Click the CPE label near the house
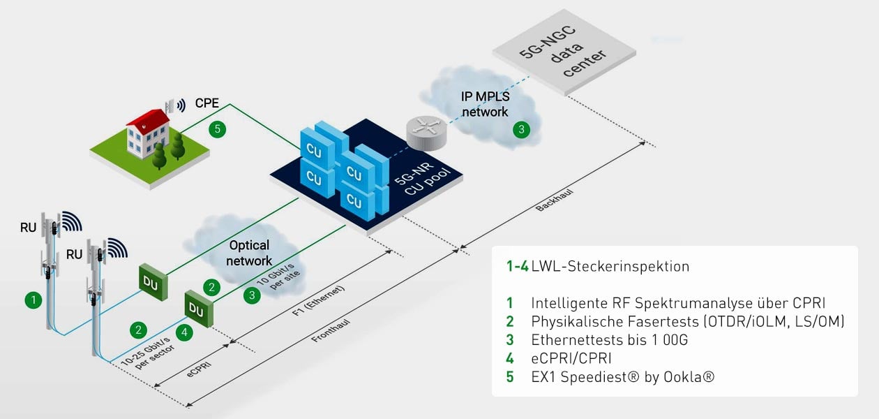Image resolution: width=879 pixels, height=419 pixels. pyautogui.click(x=207, y=103)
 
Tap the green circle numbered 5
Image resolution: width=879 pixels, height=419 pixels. pyautogui.click(x=218, y=128)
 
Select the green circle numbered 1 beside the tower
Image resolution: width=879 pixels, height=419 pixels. pyautogui.click(x=31, y=300)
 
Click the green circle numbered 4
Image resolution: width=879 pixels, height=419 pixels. pyautogui.click(x=184, y=332)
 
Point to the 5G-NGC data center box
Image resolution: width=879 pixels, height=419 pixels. pyautogui.click(x=564, y=52)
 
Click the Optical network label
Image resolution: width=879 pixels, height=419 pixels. pyautogui.click(x=249, y=253)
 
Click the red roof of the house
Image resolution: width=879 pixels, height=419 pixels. pyautogui.click(x=148, y=120)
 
